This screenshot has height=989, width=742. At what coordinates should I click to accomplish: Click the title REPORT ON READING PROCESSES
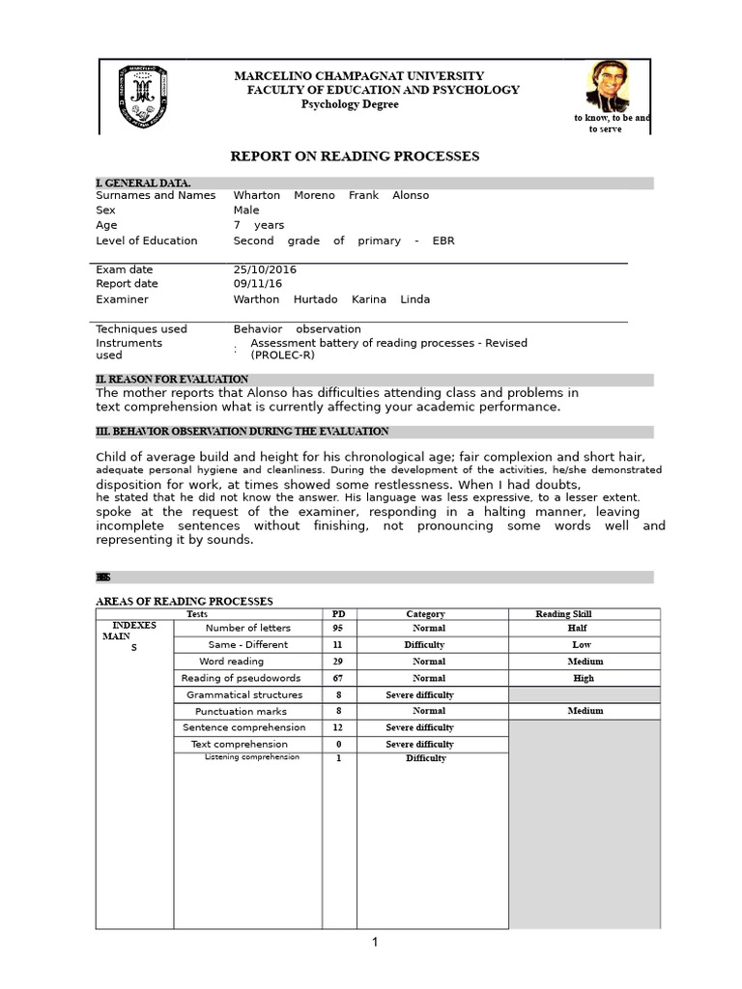point(354,156)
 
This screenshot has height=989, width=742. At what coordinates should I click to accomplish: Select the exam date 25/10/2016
point(265,269)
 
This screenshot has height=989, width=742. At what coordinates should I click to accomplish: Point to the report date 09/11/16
point(257,284)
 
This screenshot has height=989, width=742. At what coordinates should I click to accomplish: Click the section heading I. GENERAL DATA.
point(143,183)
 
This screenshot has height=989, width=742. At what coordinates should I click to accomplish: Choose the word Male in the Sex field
point(246,210)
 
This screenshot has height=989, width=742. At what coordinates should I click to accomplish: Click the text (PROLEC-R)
point(282,354)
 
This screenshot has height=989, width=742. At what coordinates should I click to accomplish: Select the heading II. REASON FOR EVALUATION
point(172,380)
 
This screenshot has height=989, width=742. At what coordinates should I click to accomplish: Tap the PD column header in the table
point(338,614)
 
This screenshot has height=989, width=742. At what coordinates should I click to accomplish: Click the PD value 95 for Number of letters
point(338,628)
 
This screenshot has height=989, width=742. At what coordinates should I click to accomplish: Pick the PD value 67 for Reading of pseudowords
point(338,678)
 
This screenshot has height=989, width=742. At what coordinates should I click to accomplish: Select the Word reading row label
point(231,662)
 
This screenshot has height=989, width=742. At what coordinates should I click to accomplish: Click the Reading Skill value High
point(583,678)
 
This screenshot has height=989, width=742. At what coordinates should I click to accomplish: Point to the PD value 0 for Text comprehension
point(338,745)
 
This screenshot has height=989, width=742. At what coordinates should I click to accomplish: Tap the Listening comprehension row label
point(251,757)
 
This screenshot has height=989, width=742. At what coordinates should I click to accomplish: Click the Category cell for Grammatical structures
point(419,694)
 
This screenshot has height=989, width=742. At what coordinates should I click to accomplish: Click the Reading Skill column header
point(563,614)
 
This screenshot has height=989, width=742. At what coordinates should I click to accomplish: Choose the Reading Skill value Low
point(582,644)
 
